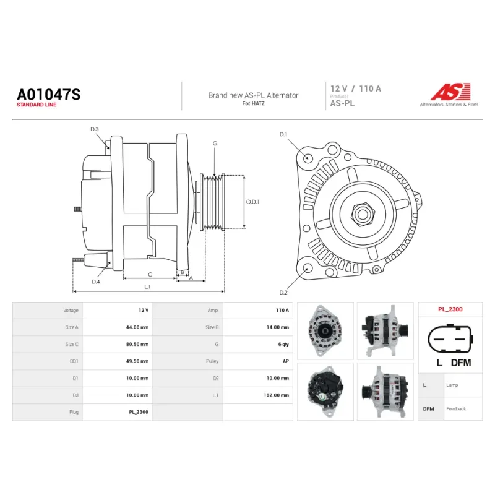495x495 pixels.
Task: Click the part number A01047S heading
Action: coord(49,95)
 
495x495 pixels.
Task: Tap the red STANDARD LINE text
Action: coord(37,105)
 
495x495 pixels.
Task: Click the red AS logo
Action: coord(450,92)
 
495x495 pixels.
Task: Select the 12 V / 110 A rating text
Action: coord(355,88)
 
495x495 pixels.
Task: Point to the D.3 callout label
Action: coord(95,129)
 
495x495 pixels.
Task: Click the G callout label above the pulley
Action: coord(215,144)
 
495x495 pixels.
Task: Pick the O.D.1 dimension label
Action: coord(252,202)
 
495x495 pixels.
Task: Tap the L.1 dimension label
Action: coord(147,286)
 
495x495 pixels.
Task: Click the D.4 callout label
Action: coord(96,282)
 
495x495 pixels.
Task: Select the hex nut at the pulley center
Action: coord(363,214)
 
